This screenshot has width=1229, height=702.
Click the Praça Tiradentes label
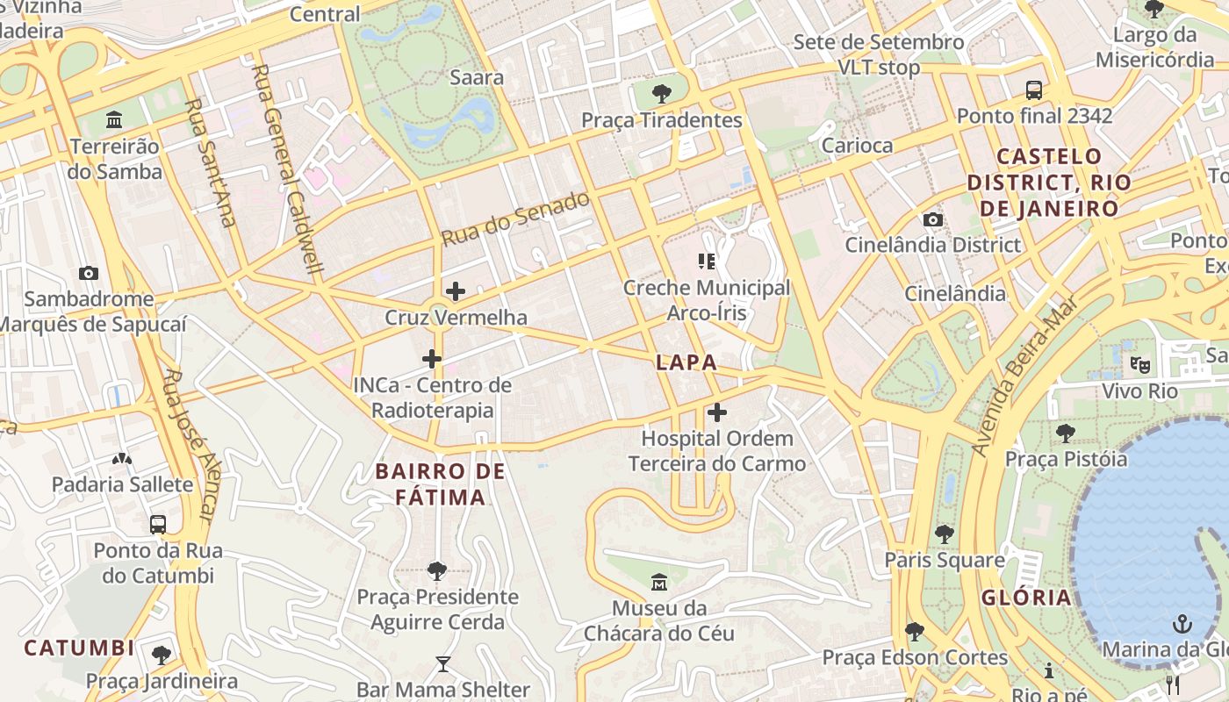click(x=662, y=120)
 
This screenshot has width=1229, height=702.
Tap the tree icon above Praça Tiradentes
click(x=662, y=94)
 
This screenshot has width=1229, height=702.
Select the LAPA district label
click(x=686, y=362)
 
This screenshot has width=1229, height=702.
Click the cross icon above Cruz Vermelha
click(x=456, y=291)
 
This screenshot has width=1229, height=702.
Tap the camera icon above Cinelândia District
click(x=932, y=219)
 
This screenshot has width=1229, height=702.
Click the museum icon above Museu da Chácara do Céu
click(x=659, y=582)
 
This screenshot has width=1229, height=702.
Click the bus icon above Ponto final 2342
click(x=1034, y=90)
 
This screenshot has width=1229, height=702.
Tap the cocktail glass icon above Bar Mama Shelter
click(x=442, y=664)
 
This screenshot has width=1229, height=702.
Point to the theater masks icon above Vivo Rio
click(x=1139, y=364)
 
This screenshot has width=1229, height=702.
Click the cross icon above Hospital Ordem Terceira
click(x=717, y=412)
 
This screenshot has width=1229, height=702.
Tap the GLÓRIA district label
click(x=1026, y=598)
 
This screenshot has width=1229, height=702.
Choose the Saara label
click(x=477, y=77)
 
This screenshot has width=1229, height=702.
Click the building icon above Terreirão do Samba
click(x=114, y=119)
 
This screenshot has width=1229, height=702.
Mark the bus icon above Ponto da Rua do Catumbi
click(x=158, y=525)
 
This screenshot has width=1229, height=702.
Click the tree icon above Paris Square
click(x=945, y=534)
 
